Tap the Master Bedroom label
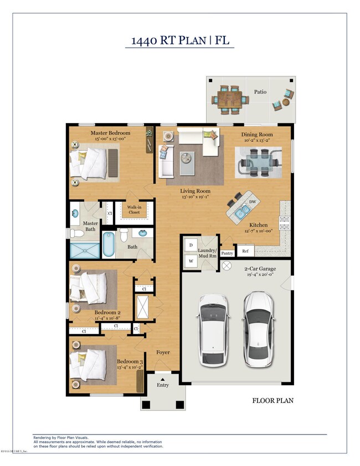click(110, 133)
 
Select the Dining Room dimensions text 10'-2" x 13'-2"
click(258, 141)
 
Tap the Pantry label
click(227, 253)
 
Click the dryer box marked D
click(191, 244)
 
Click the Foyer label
click(162, 352)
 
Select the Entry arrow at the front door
click(162, 378)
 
